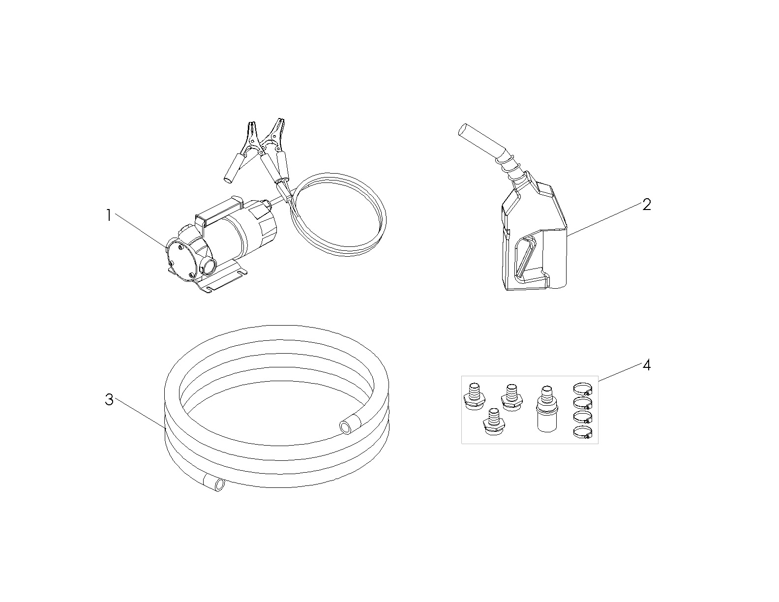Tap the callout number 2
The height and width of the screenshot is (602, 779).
[646, 205]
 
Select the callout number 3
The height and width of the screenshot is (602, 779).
[109, 399]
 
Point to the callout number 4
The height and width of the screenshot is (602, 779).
[646, 365]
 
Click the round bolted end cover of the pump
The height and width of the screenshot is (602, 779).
[180, 260]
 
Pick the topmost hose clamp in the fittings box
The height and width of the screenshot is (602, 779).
[583, 390]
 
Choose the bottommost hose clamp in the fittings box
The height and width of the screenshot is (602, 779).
[583, 433]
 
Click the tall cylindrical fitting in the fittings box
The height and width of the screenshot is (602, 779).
[546, 409]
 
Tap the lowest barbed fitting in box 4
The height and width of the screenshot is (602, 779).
[494, 421]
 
